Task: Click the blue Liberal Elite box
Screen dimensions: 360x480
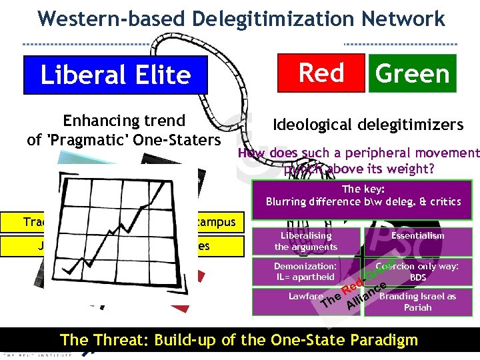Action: tap(115, 75)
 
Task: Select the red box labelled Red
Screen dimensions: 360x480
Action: tap(321, 73)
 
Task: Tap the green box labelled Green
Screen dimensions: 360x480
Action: tap(413, 73)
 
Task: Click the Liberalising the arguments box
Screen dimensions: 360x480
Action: tap(306, 241)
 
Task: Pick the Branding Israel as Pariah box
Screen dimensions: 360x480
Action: tap(418, 302)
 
